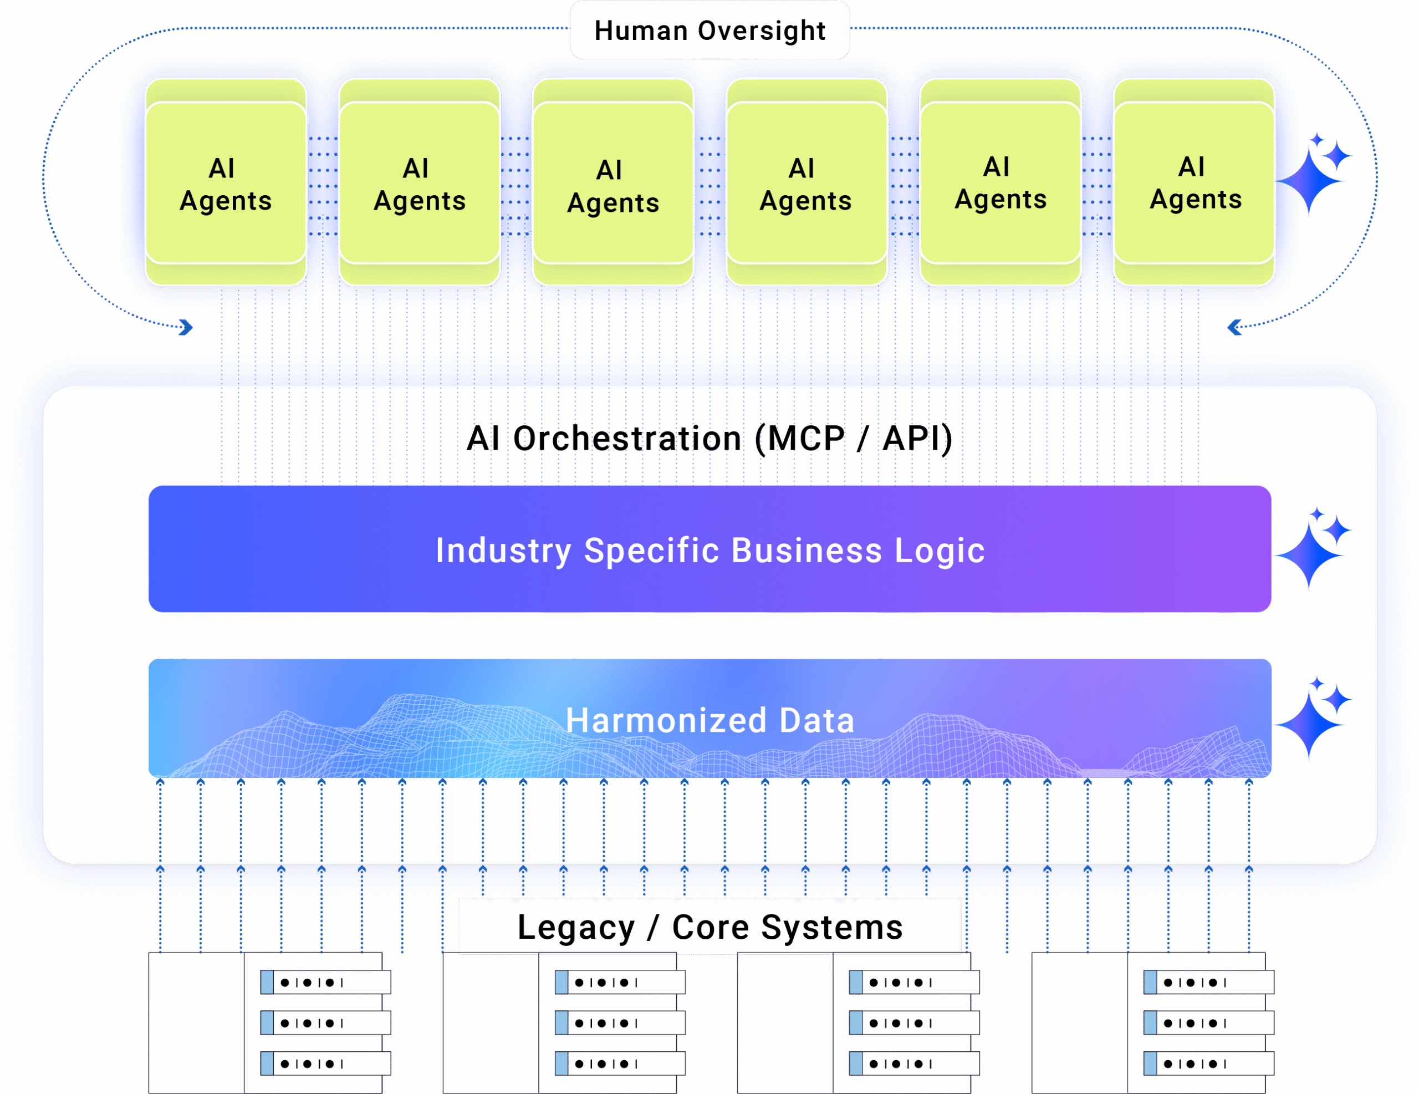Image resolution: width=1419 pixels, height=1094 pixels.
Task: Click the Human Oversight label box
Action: [x=709, y=30]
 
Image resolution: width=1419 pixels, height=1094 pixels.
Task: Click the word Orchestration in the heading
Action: [x=627, y=438]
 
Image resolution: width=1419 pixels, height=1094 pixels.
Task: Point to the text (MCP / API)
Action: [x=854, y=438]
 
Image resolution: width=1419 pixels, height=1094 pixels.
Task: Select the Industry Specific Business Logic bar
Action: [x=709, y=549]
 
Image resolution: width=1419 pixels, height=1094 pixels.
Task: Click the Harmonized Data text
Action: [x=709, y=720]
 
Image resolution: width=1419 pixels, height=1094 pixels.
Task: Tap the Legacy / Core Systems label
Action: [x=709, y=927]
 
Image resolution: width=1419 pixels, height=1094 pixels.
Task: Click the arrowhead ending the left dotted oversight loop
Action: [x=186, y=328]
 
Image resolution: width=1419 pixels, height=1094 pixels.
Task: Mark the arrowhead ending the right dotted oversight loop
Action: [x=1234, y=328]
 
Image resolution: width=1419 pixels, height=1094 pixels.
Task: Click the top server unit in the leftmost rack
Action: [x=325, y=982]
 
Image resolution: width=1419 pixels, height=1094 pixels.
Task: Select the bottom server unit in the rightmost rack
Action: [x=1208, y=1064]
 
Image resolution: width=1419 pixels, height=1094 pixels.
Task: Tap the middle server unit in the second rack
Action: [x=620, y=1023]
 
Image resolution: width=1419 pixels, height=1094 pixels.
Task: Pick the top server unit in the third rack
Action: [x=914, y=982]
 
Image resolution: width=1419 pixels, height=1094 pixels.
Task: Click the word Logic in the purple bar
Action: [x=940, y=551]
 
